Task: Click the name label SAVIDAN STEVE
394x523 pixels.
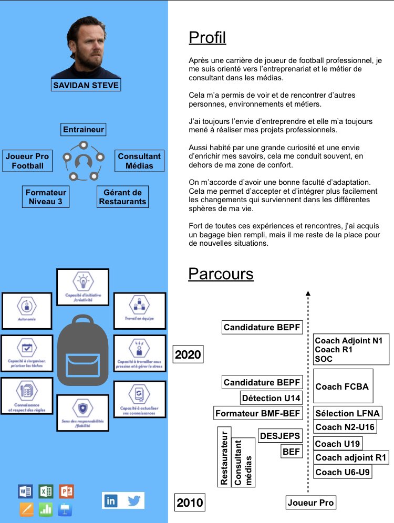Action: tap(86, 85)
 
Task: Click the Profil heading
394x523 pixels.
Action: tap(207, 38)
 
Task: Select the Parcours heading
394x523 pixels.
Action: tap(221, 274)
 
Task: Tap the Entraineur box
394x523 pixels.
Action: tap(84, 129)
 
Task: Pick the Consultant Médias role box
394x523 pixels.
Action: tap(139, 161)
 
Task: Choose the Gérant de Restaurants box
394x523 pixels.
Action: tap(123, 197)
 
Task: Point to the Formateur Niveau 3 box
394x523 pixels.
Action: tap(46, 197)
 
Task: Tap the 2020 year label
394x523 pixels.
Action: tap(188, 354)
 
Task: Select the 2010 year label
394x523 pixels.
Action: tap(189, 503)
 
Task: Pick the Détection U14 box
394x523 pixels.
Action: tap(271, 398)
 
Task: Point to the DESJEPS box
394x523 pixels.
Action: tap(280, 435)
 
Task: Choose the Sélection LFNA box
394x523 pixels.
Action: tap(347, 413)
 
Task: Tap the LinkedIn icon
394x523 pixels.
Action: tap(111, 500)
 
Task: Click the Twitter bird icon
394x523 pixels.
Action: tap(134, 500)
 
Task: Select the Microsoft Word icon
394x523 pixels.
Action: tap(25, 491)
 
